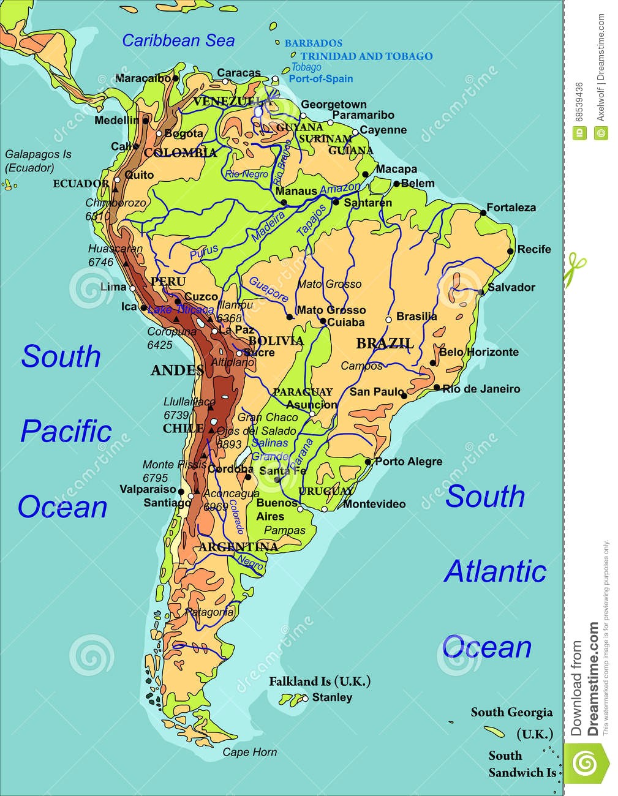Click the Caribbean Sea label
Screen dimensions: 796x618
click(x=178, y=41)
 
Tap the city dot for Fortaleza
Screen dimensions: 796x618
click(x=483, y=212)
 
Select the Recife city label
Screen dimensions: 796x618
click(x=534, y=249)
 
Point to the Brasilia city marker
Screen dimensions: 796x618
click(x=388, y=320)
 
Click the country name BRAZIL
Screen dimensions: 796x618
click(x=385, y=343)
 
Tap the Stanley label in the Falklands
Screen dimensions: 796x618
click(x=332, y=697)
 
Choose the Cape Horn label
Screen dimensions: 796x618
click(x=249, y=752)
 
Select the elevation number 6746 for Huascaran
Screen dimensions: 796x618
click(x=101, y=262)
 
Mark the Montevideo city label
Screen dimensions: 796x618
click(x=374, y=504)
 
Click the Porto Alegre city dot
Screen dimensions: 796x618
click(x=367, y=462)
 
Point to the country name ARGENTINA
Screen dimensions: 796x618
click(x=238, y=547)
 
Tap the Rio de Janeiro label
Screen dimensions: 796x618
click(x=481, y=389)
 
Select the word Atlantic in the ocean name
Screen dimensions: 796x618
click(x=495, y=572)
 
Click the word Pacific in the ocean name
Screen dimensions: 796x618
click(x=66, y=432)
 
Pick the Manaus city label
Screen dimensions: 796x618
click(x=296, y=191)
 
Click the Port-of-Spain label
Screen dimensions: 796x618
click(x=320, y=78)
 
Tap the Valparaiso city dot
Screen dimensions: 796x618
click(x=181, y=490)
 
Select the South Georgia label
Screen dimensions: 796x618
click(x=511, y=712)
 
